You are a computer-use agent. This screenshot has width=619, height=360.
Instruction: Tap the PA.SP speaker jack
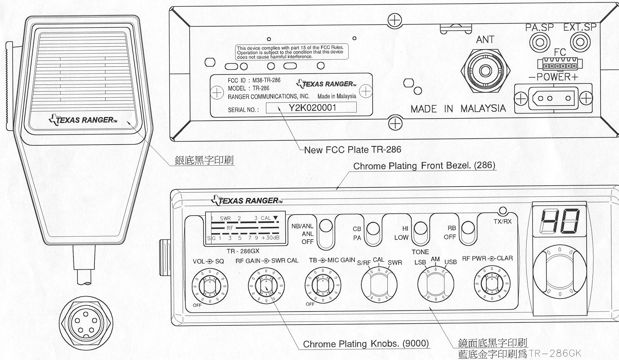click(x=540, y=42)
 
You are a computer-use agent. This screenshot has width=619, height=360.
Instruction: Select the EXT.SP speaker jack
click(x=580, y=42)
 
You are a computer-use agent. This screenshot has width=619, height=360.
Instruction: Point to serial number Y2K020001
click(x=312, y=107)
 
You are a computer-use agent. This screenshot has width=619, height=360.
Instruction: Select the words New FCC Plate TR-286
click(x=353, y=149)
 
